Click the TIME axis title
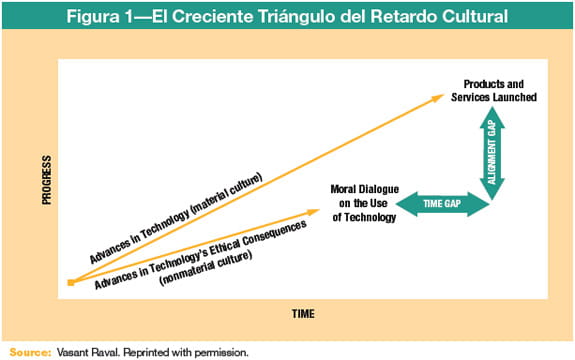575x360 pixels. (x=303, y=313)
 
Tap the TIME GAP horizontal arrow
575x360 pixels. (x=442, y=204)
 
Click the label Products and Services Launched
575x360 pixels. (x=501, y=89)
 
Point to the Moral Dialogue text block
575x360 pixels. (x=364, y=203)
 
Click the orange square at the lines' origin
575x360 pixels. (x=71, y=284)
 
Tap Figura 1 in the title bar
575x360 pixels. (x=113, y=16)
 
